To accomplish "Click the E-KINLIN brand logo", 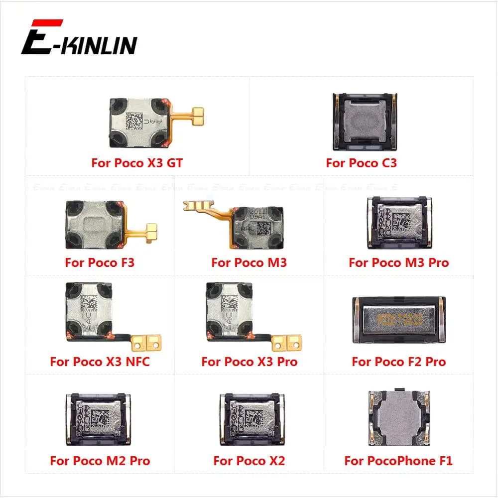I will pyautogui.click(x=79, y=38).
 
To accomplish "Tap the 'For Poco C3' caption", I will pyautogui.click(x=361, y=163).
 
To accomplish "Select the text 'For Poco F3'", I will pyautogui.click(x=100, y=262).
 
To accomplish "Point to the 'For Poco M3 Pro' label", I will pyautogui.click(x=398, y=262).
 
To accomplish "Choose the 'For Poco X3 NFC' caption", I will pyautogui.click(x=100, y=362).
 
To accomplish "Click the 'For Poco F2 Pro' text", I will pyautogui.click(x=398, y=362).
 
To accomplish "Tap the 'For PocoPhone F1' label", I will pyautogui.click(x=398, y=461).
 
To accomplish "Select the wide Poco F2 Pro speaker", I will pyautogui.click(x=399, y=320).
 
